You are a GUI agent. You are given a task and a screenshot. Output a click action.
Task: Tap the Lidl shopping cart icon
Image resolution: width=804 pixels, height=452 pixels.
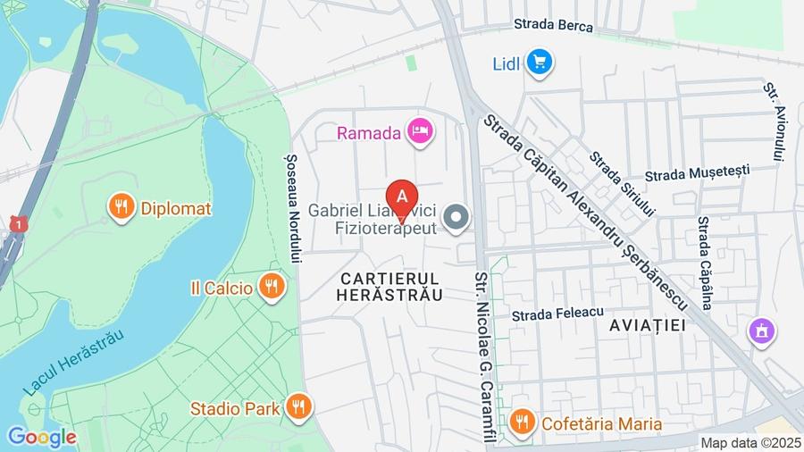(x=540, y=63)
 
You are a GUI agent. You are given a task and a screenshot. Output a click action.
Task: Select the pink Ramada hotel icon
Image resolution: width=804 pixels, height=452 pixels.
(x=419, y=132)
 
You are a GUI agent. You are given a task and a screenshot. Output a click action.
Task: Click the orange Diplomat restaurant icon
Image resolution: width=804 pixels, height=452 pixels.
(x=121, y=208)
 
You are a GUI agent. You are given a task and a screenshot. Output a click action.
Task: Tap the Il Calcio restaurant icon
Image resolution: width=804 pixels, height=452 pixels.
(x=271, y=288)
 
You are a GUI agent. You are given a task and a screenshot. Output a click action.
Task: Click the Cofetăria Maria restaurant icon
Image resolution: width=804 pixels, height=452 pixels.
(x=522, y=423)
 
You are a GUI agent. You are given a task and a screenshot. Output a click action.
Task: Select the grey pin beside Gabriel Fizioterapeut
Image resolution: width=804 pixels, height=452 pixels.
(x=456, y=217)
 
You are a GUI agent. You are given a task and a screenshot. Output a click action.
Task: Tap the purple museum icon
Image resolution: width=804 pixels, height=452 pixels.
(x=761, y=331)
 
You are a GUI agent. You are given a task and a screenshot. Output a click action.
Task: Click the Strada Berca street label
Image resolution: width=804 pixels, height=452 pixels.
(x=553, y=26)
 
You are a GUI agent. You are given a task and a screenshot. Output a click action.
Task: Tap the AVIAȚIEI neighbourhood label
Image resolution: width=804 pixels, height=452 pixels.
(x=648, y=325)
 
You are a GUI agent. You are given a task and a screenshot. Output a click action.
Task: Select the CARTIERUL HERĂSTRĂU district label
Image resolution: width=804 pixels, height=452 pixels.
(x=391, y=287)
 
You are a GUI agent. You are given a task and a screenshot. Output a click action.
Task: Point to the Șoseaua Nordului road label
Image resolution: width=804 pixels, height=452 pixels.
(x=291, y=205)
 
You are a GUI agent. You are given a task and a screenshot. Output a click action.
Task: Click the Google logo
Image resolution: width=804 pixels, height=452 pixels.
(x=41, y=437)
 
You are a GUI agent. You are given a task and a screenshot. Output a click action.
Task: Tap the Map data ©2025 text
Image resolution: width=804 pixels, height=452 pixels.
(x=750, y=442)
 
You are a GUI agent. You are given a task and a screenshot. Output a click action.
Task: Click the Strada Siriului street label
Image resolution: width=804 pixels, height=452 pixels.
(x=623, y=184)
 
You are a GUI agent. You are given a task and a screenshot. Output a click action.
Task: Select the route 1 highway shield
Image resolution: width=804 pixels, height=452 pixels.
(x=18, y=224)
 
